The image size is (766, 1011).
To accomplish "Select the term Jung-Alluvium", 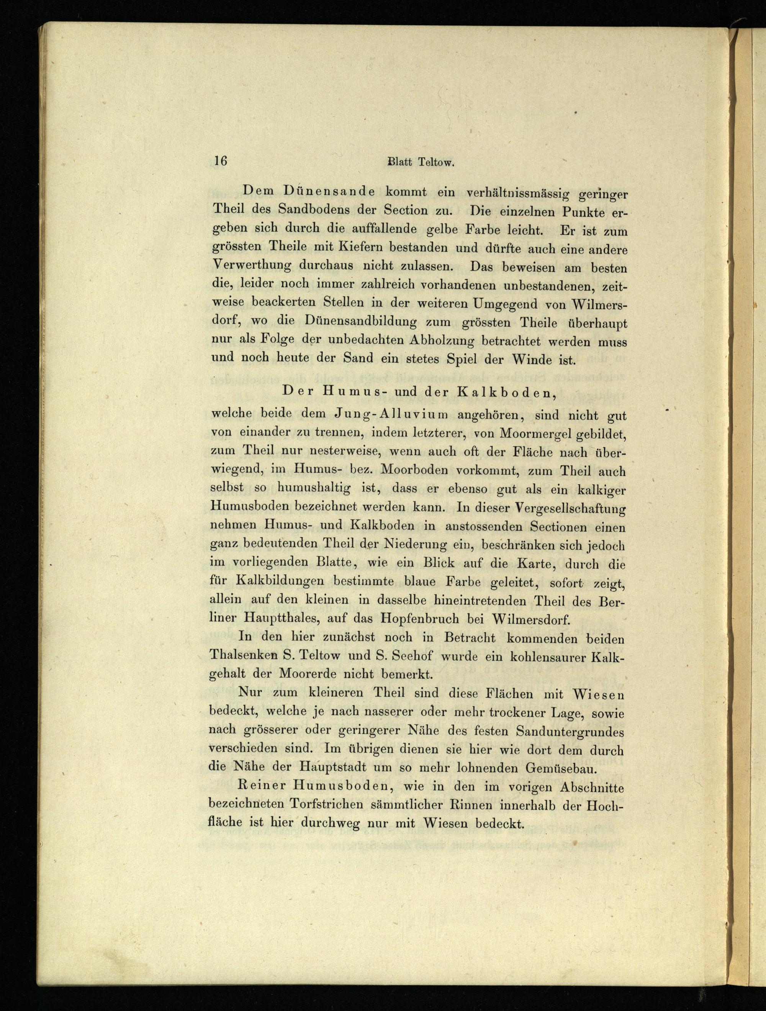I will pos(391,415).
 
